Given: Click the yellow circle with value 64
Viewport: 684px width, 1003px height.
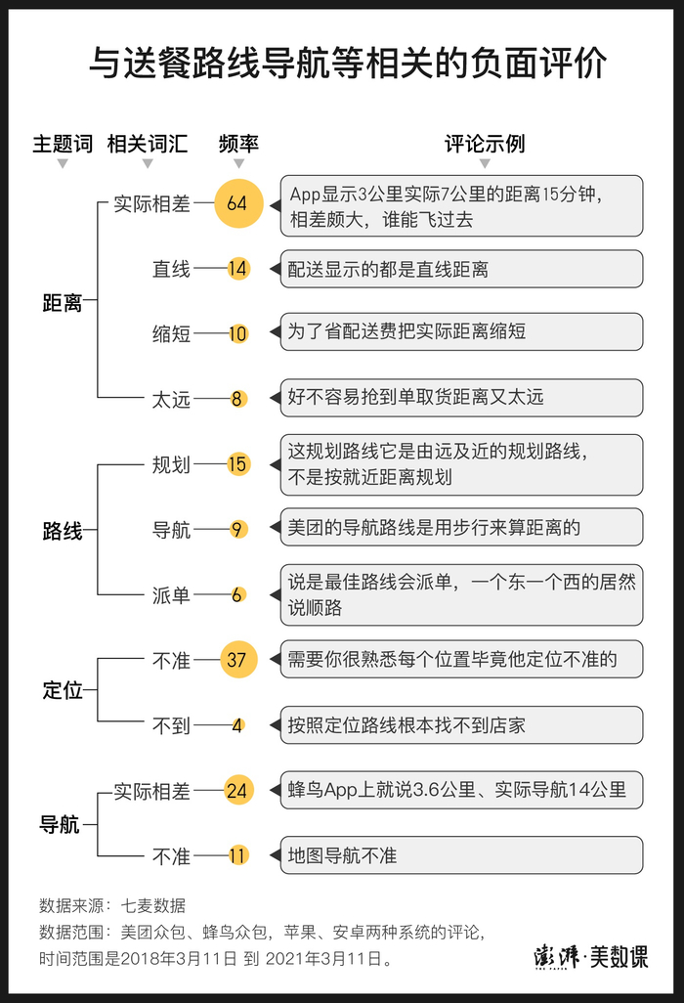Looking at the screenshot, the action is click(236, 203).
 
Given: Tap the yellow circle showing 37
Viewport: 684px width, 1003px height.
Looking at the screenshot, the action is click(236, 660).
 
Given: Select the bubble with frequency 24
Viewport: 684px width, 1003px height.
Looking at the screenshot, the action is click(236, 790).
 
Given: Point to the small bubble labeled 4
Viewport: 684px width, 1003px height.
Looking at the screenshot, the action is click(236, 726).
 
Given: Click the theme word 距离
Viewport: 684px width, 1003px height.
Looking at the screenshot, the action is click(62, 303).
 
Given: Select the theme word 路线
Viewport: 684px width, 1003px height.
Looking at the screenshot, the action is click(62, 532).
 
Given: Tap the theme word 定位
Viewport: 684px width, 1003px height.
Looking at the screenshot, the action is click(62, 690).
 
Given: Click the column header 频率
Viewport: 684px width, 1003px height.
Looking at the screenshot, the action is click(238, 144).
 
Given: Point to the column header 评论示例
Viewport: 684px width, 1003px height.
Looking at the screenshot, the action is click(485, 144).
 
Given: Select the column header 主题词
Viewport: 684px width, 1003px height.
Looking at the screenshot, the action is click(63, 144).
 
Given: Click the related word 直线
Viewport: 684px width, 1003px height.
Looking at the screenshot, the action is click(171, 269).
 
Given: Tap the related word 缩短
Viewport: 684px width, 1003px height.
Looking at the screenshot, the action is click(171, 333).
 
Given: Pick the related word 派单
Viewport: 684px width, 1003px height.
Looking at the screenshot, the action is click(171, 595).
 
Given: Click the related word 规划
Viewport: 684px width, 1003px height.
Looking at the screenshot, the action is click(171, 464).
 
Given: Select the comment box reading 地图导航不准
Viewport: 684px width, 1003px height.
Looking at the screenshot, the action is click(461, 855).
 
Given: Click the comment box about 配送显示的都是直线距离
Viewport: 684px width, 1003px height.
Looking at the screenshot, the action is click(461, 269).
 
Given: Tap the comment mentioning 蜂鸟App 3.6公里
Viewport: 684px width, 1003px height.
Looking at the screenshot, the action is click(461, 789).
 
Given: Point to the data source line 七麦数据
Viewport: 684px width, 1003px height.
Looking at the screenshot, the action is click(112, 904).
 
